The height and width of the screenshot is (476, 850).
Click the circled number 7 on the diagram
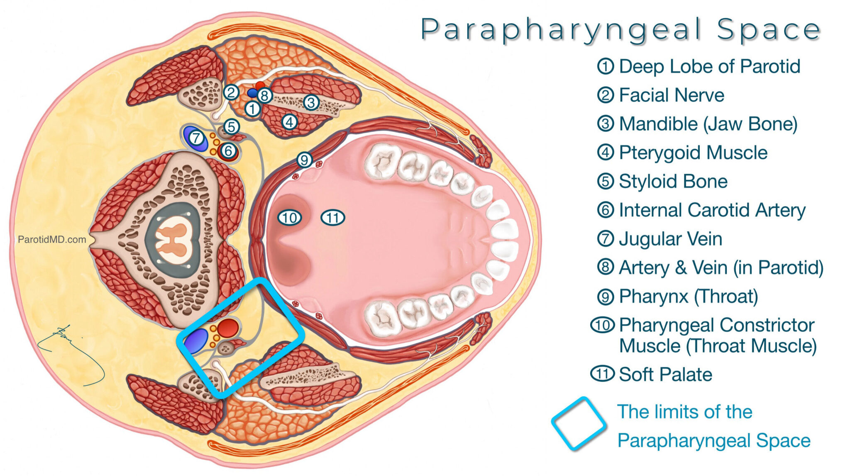coord(196,137)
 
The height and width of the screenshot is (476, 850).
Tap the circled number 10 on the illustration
coord(289,217)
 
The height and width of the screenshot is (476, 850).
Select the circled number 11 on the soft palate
coord(333,217)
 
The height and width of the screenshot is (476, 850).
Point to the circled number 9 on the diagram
coord(304,159)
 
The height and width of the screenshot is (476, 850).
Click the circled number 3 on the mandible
coord(311,102)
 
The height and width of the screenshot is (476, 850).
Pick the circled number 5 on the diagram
coord(231,126)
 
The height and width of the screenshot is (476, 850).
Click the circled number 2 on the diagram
coord(231,92)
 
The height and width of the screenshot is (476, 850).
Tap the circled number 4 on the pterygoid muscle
coord(289,122)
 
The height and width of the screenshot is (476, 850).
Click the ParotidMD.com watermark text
coord(52,239)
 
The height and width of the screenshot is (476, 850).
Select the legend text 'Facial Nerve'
coord(671,95)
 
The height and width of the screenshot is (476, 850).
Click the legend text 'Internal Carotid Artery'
coord(712,210)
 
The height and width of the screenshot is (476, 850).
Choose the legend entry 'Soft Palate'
coord(665,374)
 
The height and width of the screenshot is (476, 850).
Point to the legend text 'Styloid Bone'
coord(673,182)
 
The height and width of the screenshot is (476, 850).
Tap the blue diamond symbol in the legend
coord(578,424)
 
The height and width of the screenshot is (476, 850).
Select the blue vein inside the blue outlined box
coord(196,340)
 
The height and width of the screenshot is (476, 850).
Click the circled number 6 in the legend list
coord(605,210)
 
